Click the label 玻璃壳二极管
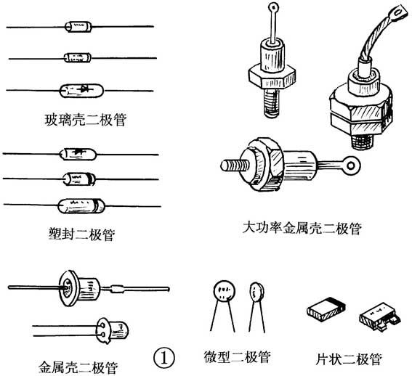(86, 120)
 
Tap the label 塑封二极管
(81, 234)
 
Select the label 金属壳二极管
(78, 367)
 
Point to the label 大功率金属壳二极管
(302, 228)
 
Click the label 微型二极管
(237, 357)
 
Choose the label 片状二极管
(348, 359)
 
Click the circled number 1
(164, 358)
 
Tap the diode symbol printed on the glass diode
(84, 89)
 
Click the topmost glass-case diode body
(78, 27)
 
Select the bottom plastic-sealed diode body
(81, 206)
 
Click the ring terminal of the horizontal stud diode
(350, 165)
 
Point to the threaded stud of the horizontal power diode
(235, 166)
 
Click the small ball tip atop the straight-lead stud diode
(274, 7)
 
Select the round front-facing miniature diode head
(224, 291)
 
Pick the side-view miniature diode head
(257, 293)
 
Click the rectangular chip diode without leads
(326, 309)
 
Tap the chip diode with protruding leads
(379, 316)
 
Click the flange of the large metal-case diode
(69, 288)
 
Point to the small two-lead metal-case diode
(113, 330)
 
